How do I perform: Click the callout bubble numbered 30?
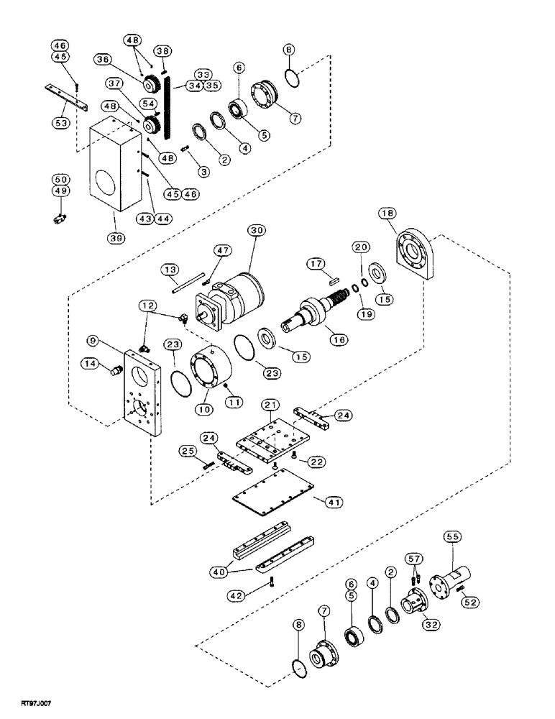[255, 231]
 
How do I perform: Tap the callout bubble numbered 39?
[114, 218]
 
